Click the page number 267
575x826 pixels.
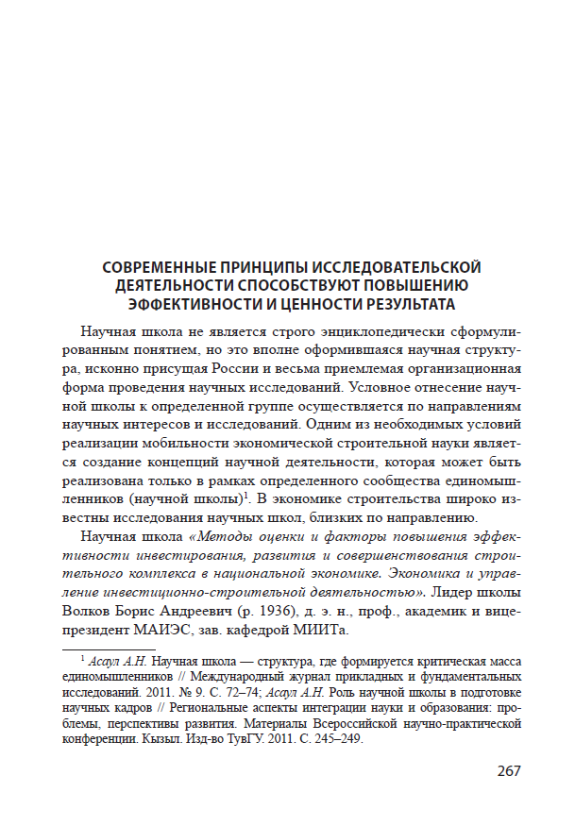(x=509, y=771)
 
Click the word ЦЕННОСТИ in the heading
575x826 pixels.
(x=302, y=304)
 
